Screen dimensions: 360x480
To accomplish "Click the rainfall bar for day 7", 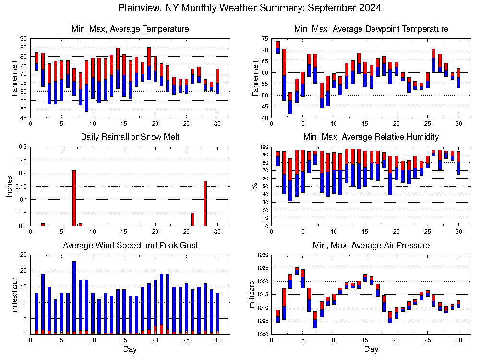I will tap(74, 198).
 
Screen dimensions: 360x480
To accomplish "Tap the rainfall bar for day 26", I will tap(192, 219).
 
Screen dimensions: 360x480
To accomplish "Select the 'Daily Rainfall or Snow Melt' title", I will tap(130, 137).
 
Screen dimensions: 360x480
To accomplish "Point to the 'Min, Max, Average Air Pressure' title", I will tap(371, 246).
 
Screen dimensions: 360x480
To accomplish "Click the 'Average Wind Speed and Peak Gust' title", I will tap(130, 246).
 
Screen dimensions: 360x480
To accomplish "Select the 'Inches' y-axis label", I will tap(10, 186).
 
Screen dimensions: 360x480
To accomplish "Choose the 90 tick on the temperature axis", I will tap(24, 39).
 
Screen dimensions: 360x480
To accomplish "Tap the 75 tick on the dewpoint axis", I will tap(265, 39).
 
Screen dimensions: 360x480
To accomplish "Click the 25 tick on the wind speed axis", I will tap(24, 255).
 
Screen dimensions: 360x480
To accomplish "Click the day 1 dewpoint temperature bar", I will tap(277, 48).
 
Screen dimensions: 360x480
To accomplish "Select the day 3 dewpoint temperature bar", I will tap(290, 103).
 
